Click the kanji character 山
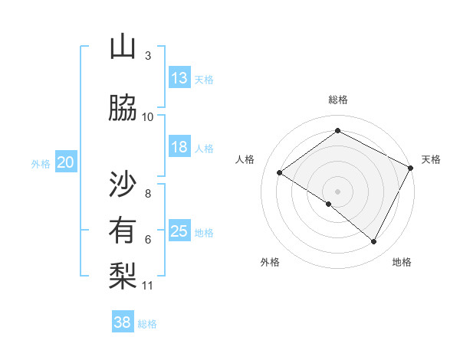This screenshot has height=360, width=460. coord(123,47)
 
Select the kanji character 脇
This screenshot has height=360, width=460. coord(123,107)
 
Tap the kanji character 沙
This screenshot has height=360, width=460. coord(123,184)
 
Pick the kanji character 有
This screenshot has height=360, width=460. coord(123,231)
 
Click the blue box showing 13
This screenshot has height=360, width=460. coord(179,78)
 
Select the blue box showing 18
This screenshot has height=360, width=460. coord(179,147)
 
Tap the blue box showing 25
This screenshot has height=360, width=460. coord(179,231)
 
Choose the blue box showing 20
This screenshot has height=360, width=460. coord(66,162)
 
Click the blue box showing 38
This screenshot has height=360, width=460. coord(123,322)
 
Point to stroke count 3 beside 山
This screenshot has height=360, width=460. coord(148,56)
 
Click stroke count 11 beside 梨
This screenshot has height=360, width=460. coord(148,286)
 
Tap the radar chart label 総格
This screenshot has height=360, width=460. coord(338,100)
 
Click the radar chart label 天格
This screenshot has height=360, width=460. coord(431,159)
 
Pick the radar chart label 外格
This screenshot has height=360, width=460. coord(270,262)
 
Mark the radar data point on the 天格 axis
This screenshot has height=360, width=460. coord(410,168)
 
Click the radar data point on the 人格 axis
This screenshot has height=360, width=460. coord(280,173)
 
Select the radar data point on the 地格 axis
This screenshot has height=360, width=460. coord(374,241)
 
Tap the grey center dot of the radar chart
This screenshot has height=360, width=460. coord(337,191)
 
